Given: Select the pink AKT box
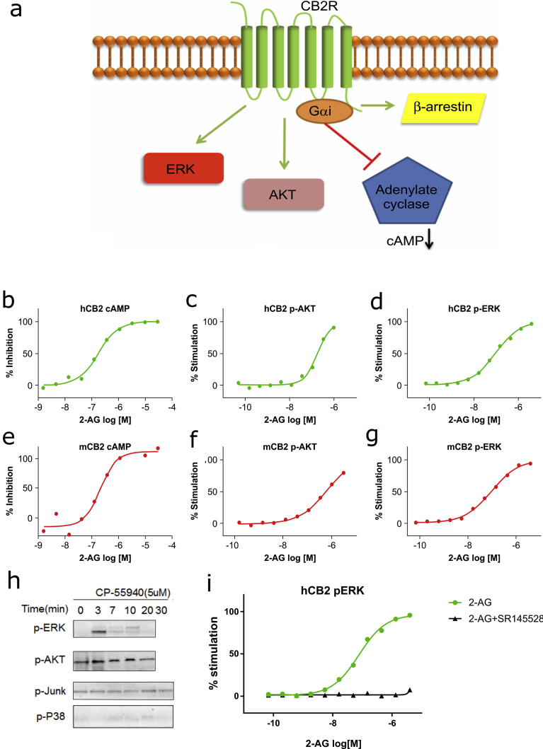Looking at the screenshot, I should click(x=283, y=193).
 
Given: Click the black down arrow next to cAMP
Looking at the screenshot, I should click(x=428, y=242).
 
